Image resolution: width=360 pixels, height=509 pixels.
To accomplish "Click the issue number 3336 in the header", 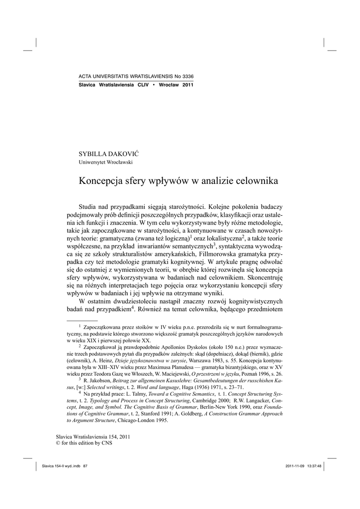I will (186, 76).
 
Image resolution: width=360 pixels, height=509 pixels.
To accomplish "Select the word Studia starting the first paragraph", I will (89, 206).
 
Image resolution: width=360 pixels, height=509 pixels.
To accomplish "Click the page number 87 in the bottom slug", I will (85, 466).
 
